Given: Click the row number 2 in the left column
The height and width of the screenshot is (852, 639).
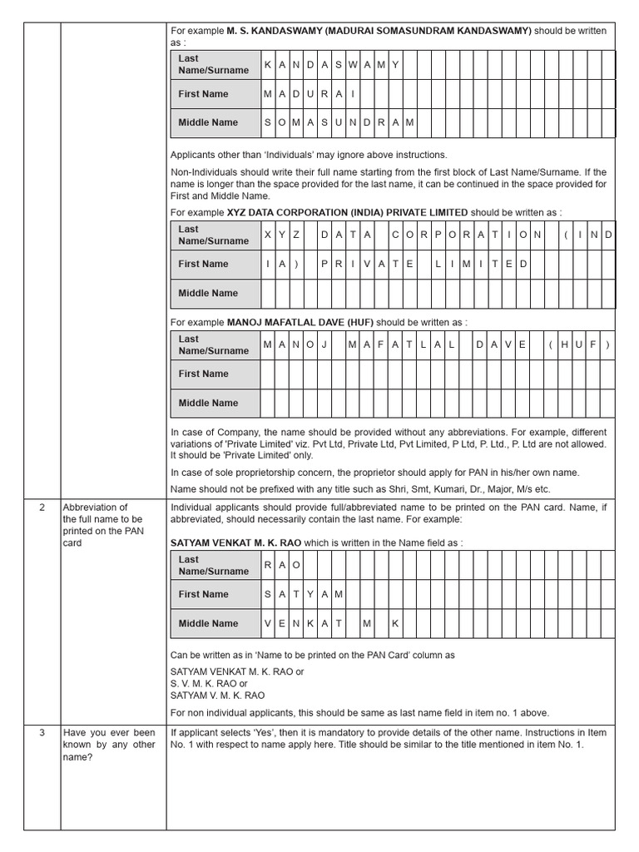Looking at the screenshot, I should click(42, 508).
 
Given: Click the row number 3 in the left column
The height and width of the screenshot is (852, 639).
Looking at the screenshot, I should click(42, 733).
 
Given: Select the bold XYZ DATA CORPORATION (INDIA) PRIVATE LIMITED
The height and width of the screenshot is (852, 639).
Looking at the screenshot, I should click(347, 212).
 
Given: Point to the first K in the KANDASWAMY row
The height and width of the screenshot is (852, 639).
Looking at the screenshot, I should click(268, 65).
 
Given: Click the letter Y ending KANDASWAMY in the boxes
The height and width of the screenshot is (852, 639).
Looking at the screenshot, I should click(396, 65).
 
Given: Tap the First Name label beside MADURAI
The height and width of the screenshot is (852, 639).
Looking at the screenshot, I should click(203, 94).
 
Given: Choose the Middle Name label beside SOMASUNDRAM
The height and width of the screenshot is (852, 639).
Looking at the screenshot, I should click(208, 122).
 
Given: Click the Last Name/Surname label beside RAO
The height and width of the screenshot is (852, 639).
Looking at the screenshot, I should click(213, 566).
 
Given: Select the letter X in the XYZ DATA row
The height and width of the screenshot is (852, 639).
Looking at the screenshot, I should click(268, 235).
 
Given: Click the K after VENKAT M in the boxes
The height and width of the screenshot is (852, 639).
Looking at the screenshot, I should click(396, 623).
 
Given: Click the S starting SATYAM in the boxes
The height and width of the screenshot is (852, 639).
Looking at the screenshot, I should click(268, 594).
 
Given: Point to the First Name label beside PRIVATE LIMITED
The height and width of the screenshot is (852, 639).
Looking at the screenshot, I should click(203, 264).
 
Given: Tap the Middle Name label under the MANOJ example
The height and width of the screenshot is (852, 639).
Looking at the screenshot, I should click(208, 403).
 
